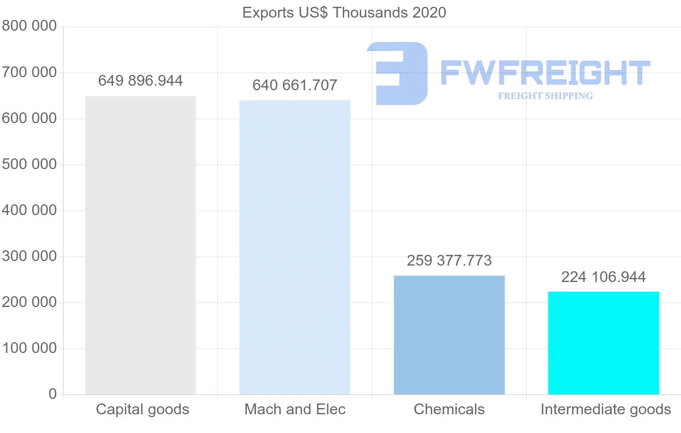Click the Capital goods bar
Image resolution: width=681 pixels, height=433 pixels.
click(x=140, y=245)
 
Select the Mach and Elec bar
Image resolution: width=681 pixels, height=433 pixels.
click(x=295, y=247)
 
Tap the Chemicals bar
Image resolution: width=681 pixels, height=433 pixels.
click(x=449, y=335)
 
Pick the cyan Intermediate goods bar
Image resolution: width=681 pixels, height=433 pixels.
click(x=603, y=343)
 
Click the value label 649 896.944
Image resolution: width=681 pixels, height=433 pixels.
click(x=140, y=81)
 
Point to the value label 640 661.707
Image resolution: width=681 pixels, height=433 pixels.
click(x=295, y=86)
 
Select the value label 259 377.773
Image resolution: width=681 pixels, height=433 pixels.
click(x=449, y=261)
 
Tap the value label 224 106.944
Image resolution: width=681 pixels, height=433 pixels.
click(x=603, y=277)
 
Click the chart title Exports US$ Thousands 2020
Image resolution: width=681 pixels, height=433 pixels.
click(x=344, y=12)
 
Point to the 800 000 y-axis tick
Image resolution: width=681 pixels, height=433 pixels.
click(x=30, y=27)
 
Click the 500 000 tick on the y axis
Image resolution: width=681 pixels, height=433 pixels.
click(x=30, y=165)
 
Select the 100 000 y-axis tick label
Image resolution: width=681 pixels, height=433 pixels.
click(x=30, y=348)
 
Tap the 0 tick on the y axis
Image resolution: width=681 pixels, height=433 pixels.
click(x=53, y=394)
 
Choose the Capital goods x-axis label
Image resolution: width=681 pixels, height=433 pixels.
click(x=142, y=409)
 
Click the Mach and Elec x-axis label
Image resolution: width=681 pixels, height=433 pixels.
click(x=295, y=409)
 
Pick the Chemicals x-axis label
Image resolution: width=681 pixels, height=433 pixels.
click(x=449, y=409)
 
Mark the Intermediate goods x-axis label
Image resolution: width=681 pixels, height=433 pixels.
click(x=606, y=409)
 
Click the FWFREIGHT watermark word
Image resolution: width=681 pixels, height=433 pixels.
click(x=545, y=73)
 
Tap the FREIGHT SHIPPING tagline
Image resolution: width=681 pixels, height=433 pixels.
click(x=545, y=96)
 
